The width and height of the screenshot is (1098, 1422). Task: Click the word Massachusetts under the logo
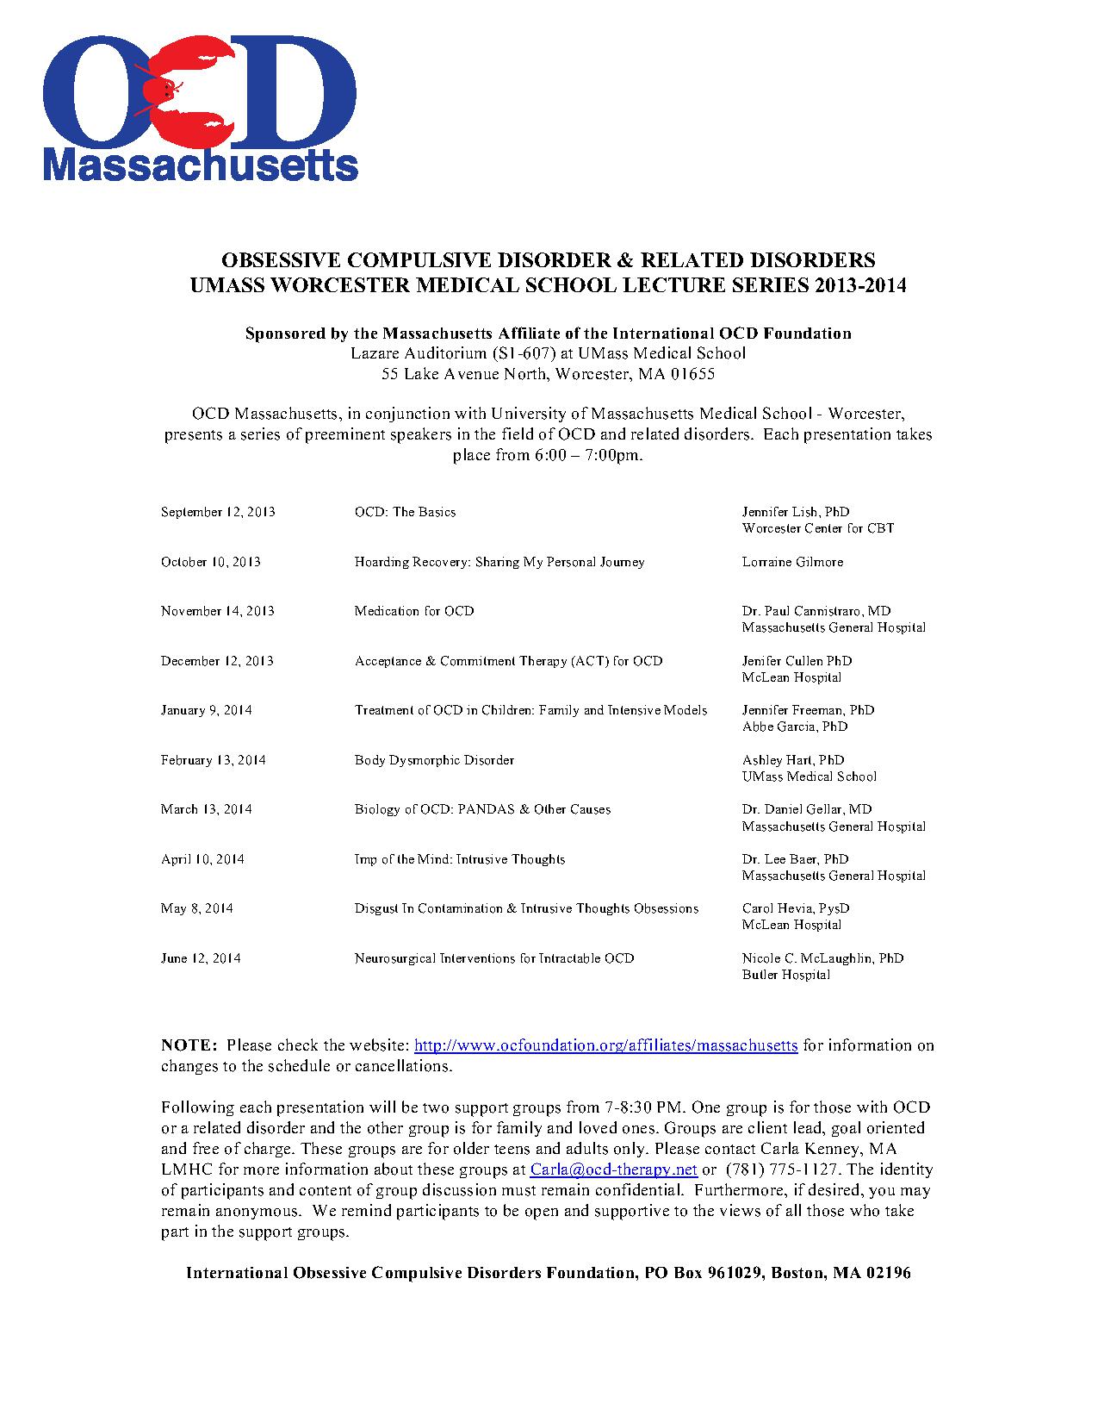tap(201, 164)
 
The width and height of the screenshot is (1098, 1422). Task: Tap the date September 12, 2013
tap(218, 512)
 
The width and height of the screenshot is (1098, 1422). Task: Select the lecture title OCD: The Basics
tap(405, 512)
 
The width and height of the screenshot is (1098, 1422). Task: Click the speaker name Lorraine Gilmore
tap(792, 562)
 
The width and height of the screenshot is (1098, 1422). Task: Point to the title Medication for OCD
tap(414, 611)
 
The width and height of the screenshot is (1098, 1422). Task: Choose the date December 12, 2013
tap(217, 661)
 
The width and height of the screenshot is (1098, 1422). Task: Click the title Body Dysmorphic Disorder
tap(434, 760)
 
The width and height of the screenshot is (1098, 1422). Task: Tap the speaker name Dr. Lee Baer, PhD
tap(795, 859)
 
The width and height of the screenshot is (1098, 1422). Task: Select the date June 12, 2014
tap(201, 958)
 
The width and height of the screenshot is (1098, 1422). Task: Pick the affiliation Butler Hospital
tap(786, 975)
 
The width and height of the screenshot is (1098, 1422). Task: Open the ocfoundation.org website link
tap(605, 1045)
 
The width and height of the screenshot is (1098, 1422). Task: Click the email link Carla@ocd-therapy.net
tap(613, 1169)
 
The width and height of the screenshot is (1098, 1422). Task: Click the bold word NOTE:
tap(189, 1045)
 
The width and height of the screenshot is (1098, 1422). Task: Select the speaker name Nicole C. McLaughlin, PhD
tap(822, 958)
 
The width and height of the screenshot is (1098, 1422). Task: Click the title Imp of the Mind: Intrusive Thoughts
tap(460, 859)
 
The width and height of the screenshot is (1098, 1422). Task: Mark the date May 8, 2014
tap(197, 908)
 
